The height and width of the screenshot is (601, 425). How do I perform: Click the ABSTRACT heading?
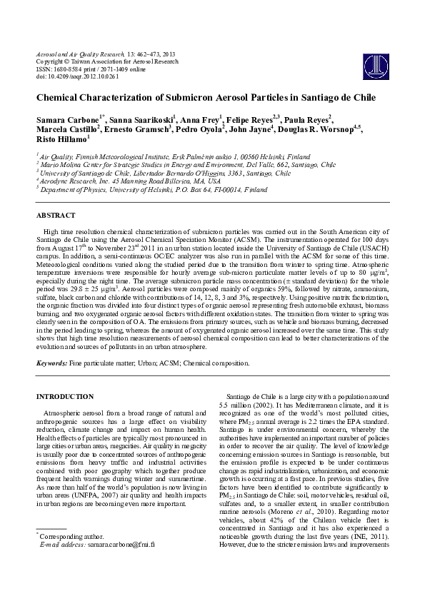(x=56, y=215)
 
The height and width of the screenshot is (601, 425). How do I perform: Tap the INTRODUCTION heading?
(x=65, y=396)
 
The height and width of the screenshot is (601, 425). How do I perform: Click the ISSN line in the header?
(x=100, y=68)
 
